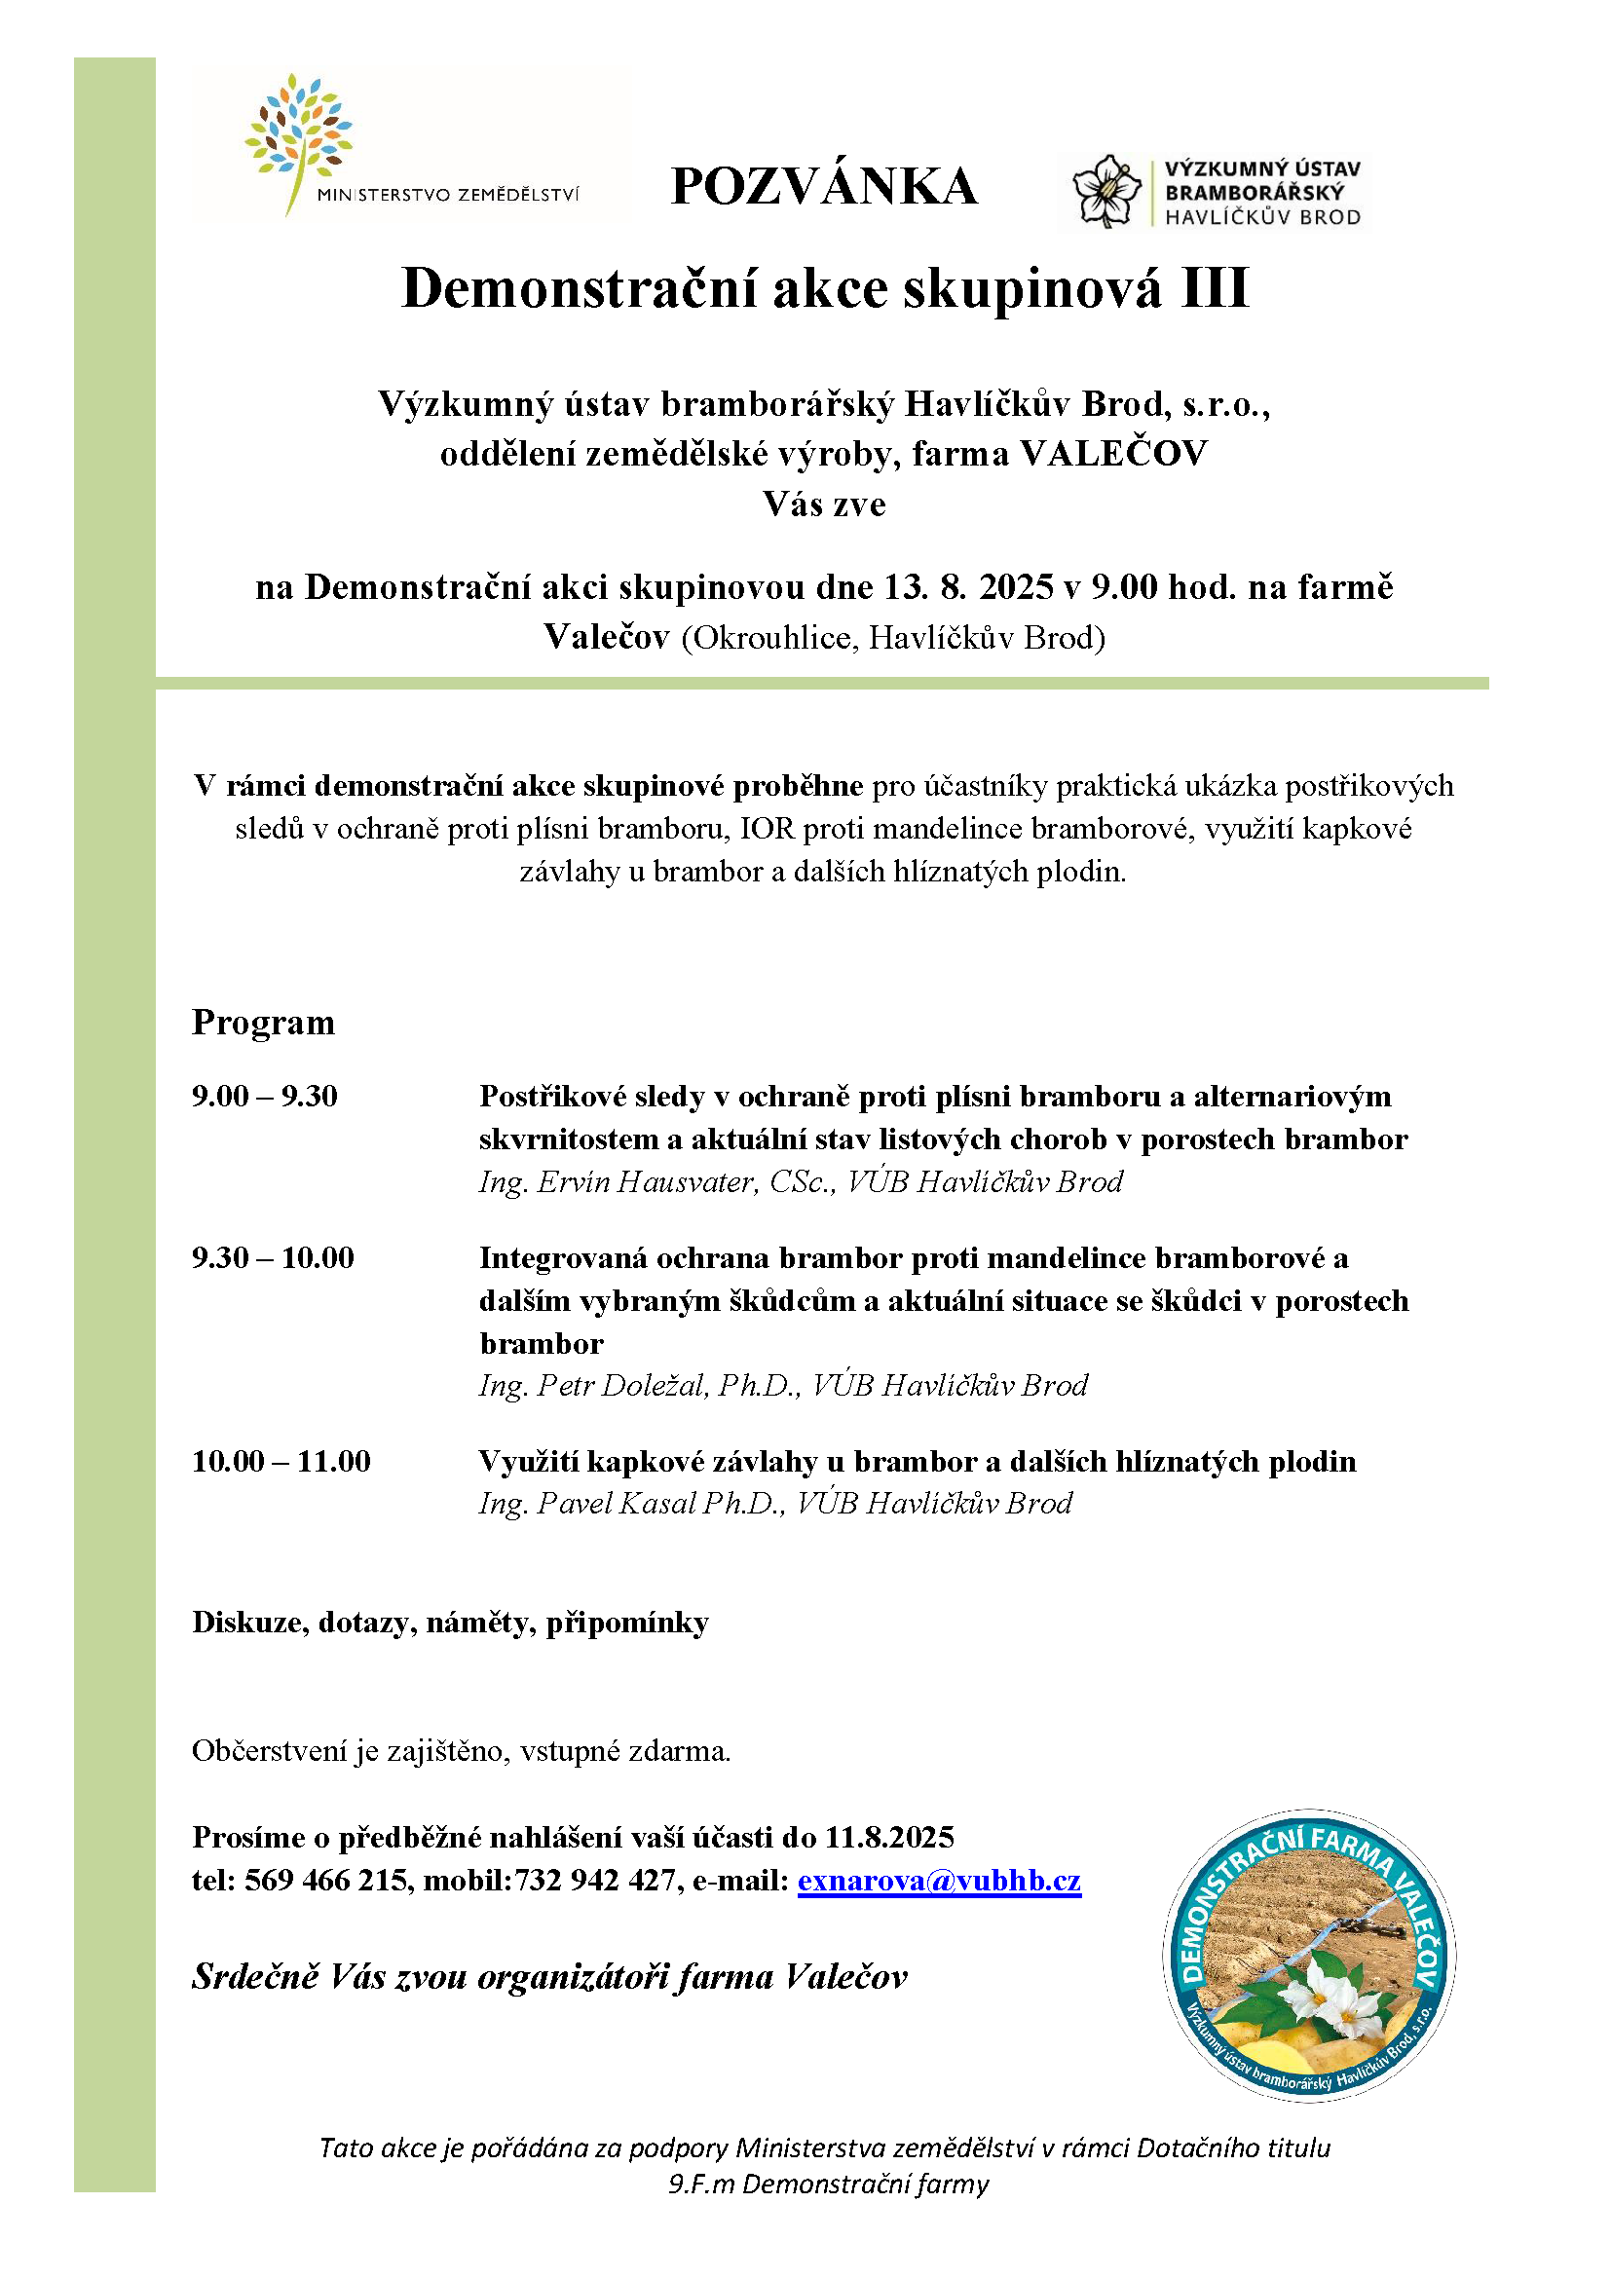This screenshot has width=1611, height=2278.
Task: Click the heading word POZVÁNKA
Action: tap(823, 187)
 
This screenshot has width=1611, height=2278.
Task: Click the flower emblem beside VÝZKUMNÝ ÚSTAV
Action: tap(1106, 192)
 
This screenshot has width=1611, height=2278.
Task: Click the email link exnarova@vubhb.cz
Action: tap(938, 1882)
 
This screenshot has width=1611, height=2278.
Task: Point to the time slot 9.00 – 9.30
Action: tap(265, 1097)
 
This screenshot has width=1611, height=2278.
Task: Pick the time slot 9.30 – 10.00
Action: tap(273, 1258)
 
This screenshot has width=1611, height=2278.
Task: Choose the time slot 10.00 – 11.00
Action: tap(281, 1462)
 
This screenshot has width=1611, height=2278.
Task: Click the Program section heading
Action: tap(263, 1023)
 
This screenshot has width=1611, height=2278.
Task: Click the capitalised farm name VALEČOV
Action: tap(1114, 454)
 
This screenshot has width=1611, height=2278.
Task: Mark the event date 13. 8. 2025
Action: tap(968, 587)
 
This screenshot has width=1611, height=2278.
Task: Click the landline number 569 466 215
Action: tap(326, 1882)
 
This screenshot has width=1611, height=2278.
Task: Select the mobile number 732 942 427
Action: tap(594, 1882)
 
